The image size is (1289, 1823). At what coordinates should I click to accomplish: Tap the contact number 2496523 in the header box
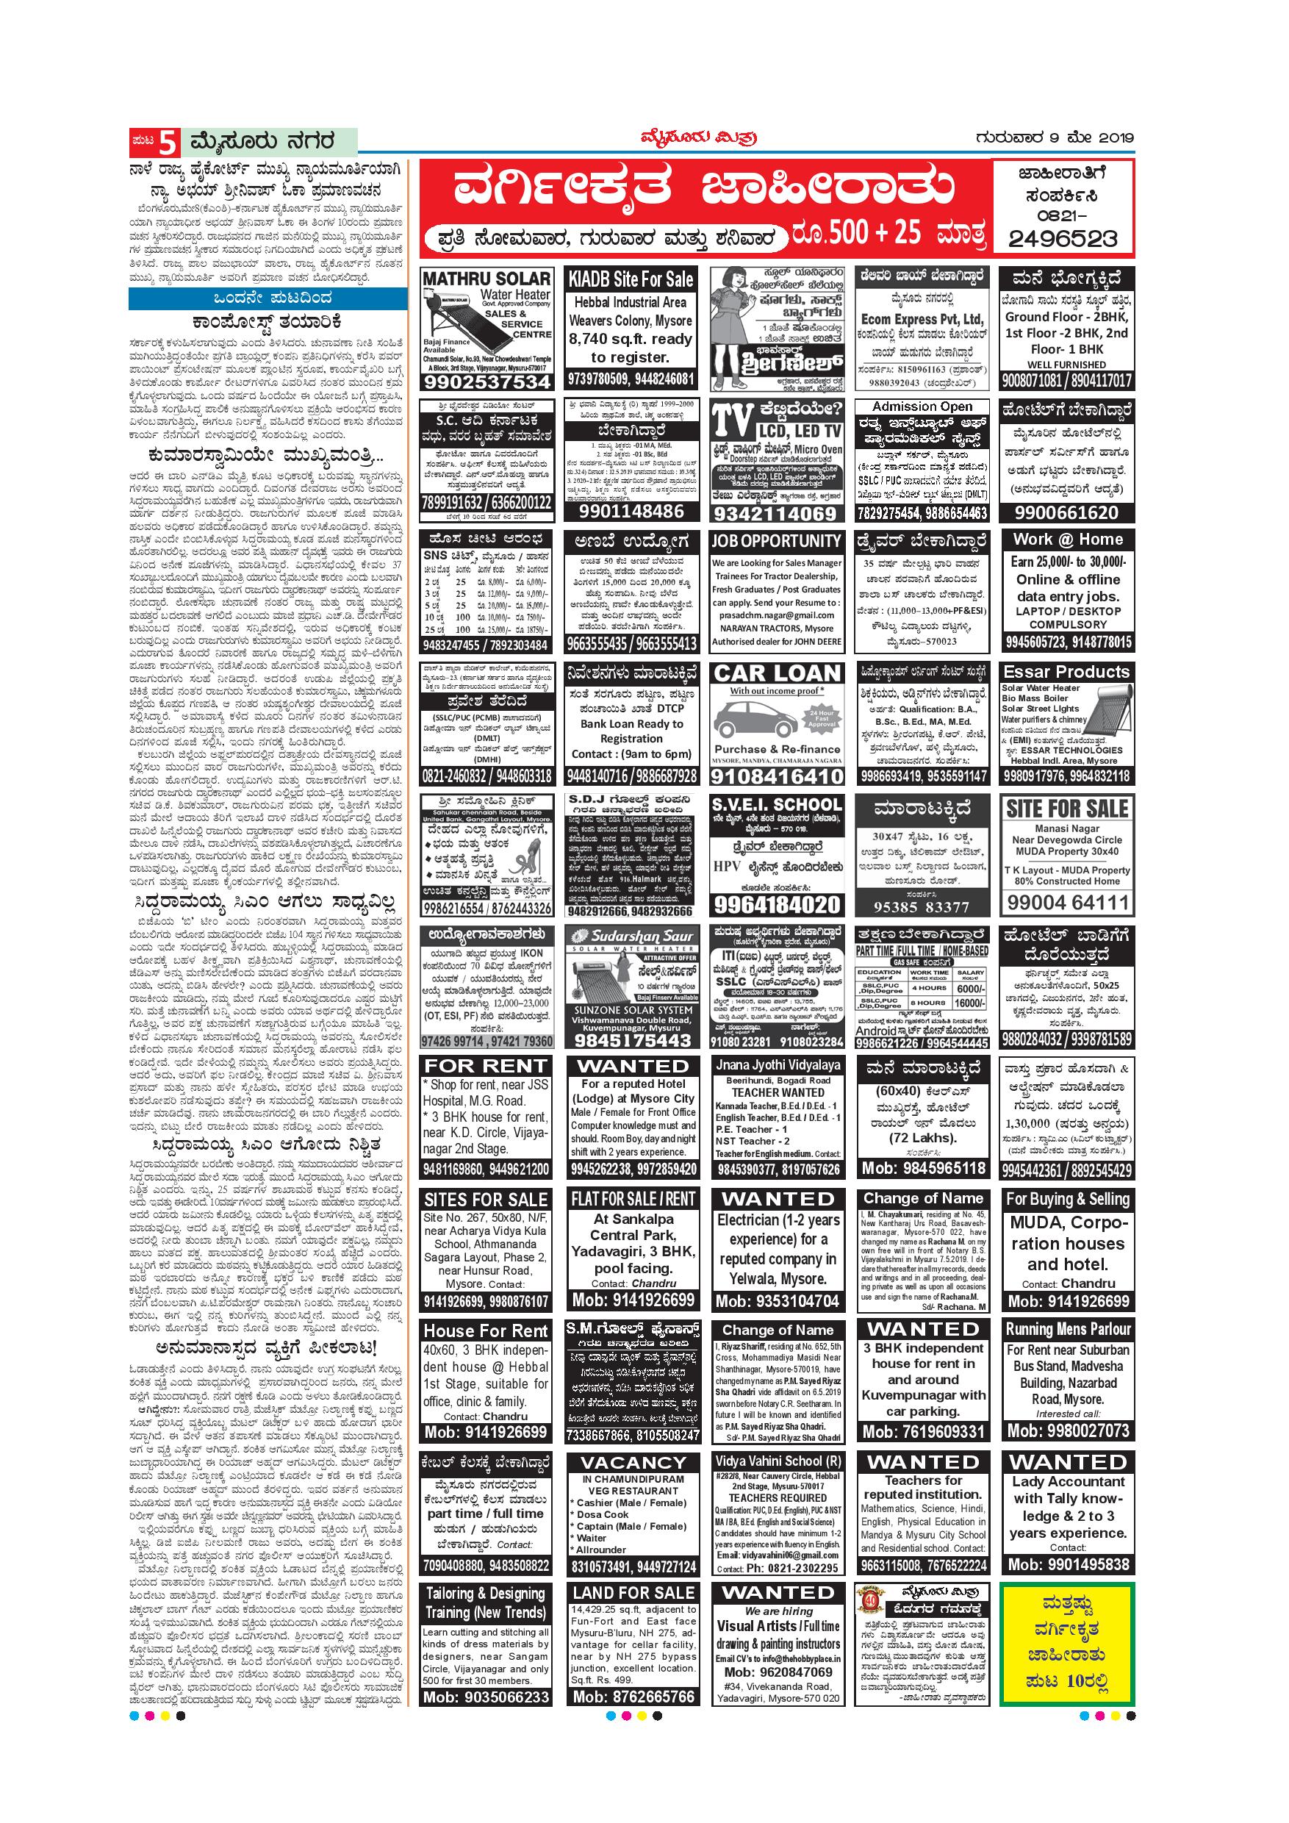click(1063, 237)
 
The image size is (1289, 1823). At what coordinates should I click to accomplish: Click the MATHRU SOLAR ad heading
click(486, 279)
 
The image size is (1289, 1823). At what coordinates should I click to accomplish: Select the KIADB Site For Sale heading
click(632, 279)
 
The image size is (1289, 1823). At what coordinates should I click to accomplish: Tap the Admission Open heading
click(922, 406)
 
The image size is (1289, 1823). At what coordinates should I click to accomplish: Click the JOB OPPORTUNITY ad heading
click(776, 541)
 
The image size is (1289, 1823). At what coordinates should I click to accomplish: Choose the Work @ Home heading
click(1068, 539)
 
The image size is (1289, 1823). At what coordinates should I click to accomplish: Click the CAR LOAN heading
click(776, 673)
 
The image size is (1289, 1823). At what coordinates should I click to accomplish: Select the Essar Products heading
click(1066, 672)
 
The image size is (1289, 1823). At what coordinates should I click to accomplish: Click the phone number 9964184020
click(776, 904)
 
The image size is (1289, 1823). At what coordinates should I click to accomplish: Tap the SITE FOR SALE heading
click(1067, 809)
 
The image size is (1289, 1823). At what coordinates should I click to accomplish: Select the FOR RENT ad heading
click(486, 1067)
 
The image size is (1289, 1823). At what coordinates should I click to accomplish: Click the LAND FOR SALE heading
click(633, 1593)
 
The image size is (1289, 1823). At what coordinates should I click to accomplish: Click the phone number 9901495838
click(1068, 1564)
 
